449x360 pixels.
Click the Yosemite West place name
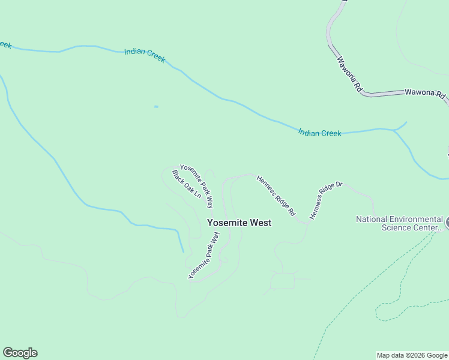tap(239, 223)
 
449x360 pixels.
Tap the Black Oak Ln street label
tap(186, 184)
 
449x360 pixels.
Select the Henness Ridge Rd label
tap(276, 196)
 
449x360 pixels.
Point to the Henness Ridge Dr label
tap(325, 200)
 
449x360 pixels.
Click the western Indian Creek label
tap(145, 56)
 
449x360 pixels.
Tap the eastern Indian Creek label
tap(319, 133)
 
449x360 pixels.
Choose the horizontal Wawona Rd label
tap(424, 94)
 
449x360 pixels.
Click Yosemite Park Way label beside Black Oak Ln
tap(197, 186)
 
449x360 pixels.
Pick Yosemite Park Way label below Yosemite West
tap(204, 255)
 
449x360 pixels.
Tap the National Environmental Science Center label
tap(399, 223)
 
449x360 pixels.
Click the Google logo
tap(20, 353)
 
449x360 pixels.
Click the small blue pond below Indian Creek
tap(156, 107)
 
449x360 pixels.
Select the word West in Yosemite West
tap(261, 223)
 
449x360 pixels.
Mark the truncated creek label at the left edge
tap(5, 45)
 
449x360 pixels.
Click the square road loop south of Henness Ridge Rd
tap(282, 281)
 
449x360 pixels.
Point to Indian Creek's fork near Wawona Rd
tap(394, 130)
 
